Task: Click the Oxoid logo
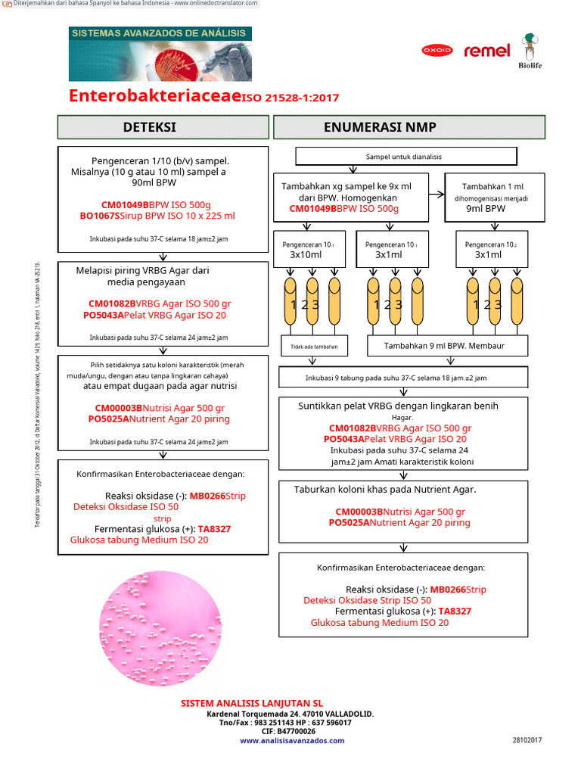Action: click(437, 51)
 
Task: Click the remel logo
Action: click(486, 51)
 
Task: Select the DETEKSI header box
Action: click(163, 126)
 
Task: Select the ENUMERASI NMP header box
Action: click(409, 126)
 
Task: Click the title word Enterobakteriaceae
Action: click(154, 96)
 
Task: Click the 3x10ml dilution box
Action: click(306, 249)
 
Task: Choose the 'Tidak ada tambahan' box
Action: click(314, 347)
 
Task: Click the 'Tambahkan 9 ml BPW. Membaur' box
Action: click(455, 346)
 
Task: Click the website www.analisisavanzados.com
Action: click(292, 741)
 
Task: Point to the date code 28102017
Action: click(527, 739)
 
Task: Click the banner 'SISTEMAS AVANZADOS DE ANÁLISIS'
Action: click(160, 33)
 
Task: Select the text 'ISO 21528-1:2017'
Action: click(290, 98)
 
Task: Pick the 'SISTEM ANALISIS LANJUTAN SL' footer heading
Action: click(252, 703)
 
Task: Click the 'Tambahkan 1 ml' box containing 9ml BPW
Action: click(492, 198)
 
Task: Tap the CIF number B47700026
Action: click(290, 731)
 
